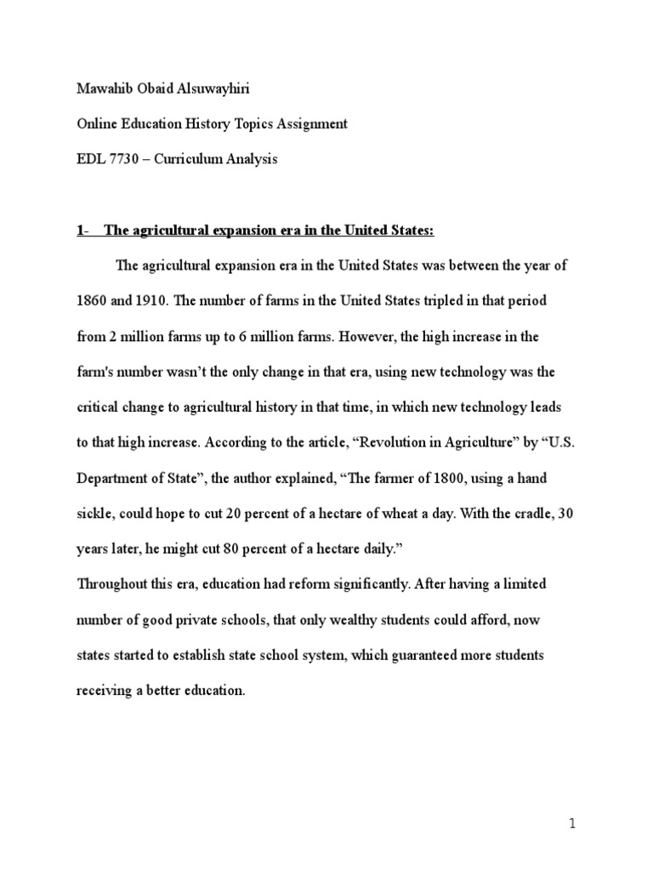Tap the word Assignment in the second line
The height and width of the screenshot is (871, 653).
307,124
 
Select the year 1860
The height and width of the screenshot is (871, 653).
91,302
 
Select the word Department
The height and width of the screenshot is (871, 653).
110,479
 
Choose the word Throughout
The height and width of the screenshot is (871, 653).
113,584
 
